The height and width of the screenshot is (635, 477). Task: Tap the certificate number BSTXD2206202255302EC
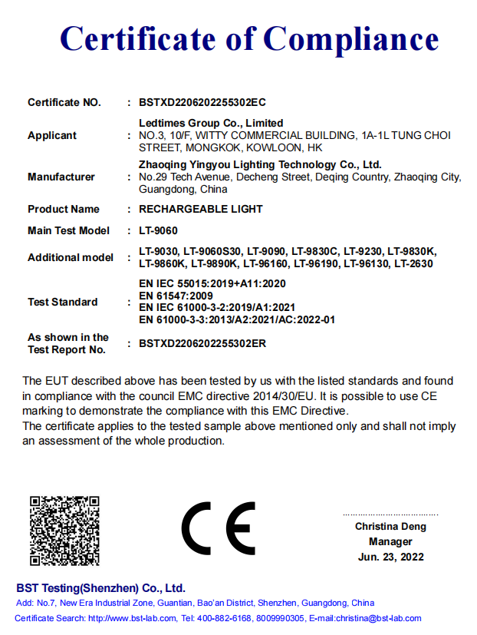tap(202, 102)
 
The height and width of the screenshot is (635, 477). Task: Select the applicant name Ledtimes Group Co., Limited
tap(211, 123)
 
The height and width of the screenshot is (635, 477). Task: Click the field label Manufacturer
tap(61, 177)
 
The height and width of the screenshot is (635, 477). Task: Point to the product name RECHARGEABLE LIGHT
tap(201, 209)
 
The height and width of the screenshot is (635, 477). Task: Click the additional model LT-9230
tap(364, 251)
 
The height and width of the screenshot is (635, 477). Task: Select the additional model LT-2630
tap(413, 263)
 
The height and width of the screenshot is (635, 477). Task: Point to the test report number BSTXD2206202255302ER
tap(202, 343)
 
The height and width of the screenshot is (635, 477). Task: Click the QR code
tap(65, 531)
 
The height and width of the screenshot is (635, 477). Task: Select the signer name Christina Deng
tap(390, 527)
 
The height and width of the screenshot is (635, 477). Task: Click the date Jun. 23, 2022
tap(390, 557)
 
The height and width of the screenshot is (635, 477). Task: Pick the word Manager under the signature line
tap(390, 541)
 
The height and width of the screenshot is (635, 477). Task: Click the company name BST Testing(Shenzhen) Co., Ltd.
tap(101, 588)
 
